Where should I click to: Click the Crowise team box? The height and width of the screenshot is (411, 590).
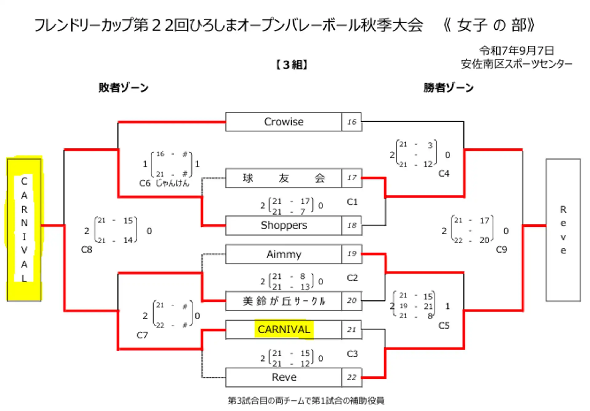[283, 122]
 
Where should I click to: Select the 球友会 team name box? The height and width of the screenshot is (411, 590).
[283, 178]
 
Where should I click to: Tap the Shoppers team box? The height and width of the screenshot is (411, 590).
[283, 225]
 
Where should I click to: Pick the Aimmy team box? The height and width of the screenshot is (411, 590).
[283, 254]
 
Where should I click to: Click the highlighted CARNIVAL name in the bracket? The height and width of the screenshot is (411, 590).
[284, 330]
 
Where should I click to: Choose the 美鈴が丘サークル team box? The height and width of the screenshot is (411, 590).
[283, 301]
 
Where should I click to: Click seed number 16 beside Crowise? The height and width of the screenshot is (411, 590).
[352, 122]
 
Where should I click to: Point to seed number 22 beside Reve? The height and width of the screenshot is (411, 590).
[352, 377]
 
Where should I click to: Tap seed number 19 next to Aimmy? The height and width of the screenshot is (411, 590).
[352, 254]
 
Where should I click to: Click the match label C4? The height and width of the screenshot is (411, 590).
[444, 174]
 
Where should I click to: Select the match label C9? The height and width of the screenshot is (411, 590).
[502, 249]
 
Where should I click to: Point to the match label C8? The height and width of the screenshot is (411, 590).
[87, 249]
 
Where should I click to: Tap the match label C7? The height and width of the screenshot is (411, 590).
[142, 335]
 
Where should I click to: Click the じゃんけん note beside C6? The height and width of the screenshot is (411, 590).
[173, 183]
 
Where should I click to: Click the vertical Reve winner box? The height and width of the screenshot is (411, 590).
[563, 230]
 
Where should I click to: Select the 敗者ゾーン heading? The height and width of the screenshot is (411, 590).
[124, 88]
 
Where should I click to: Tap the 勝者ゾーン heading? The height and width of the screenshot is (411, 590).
[449, 88]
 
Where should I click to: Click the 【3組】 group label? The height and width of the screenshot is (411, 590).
[291, 65]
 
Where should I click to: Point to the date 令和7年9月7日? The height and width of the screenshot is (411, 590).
[517, 50]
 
